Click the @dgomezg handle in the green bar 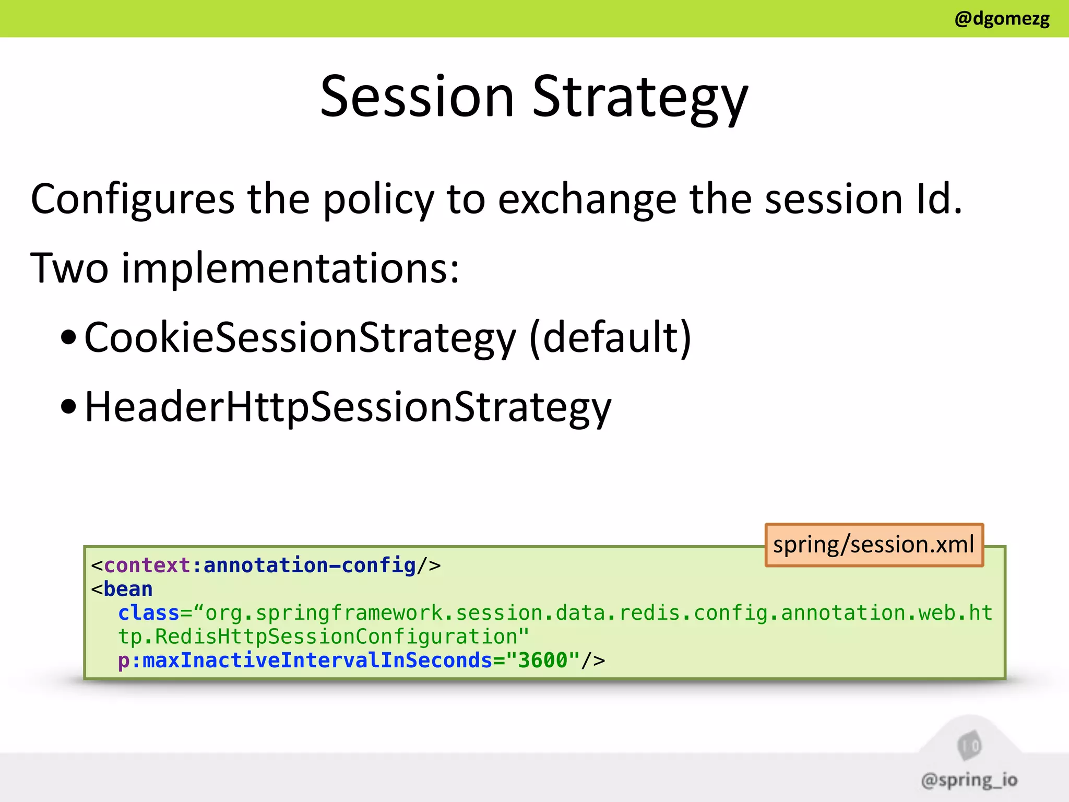pyautogui.click(x=1001, y=19)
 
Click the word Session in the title pyautogui.click(x=417, y=97)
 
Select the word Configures pyautogui.click(x=133, y=199)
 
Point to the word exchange pyautogui.click(x=587, y=199)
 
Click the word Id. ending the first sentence pyautogui.click(x=939, y=199)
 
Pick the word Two pyautogui.click(x=69, y=268)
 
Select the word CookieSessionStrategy pyautogui.click(x=300, y=338)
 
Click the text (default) pyautogui.click(x=610, y=338)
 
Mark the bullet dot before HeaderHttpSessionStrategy pyautogui.click(x=68, y=407)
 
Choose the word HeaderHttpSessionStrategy pyautogui.click(x=348, y=407)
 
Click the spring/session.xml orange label pyautogui.click(x=873, y=545)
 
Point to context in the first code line pyautogui.click(x=147, y=565)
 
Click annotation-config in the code pyautogui.click(x=310, y=565)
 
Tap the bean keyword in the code pyautogui.click(x=128, y=589)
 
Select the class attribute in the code pyautogui.click(x=148, y=613)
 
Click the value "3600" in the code pyautogui.click(x=542, y=661)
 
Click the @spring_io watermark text pyautogui.click(x=969, y=780)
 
